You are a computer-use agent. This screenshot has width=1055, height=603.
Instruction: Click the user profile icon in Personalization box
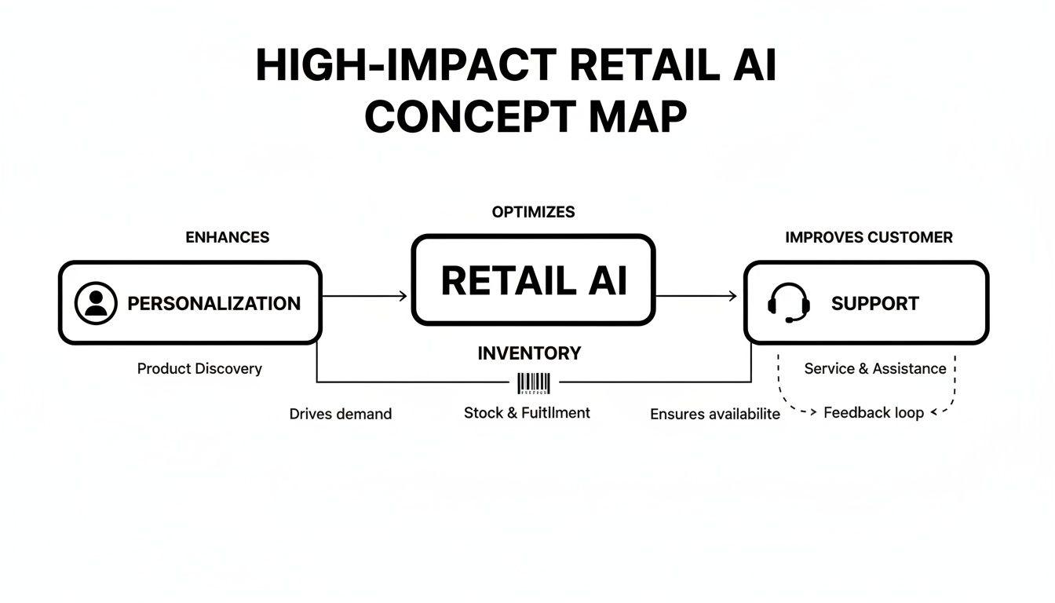96,304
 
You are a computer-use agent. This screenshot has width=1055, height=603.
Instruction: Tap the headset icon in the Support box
788,303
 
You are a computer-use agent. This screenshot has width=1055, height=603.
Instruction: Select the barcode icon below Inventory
534,383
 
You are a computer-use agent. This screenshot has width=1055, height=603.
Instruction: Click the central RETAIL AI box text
534,280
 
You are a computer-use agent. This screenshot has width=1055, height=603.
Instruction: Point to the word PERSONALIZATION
214,304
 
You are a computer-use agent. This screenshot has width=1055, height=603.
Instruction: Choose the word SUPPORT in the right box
874,304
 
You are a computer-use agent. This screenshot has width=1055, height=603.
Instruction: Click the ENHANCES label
227,237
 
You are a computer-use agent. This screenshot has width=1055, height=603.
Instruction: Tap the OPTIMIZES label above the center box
533,212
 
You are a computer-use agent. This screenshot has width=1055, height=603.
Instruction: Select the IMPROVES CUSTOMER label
868,237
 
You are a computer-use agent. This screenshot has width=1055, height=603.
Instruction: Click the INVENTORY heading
529,353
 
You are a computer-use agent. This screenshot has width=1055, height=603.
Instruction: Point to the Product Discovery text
199,368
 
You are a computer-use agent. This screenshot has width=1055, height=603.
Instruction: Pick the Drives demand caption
340,414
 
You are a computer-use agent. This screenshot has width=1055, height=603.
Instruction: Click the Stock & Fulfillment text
527,412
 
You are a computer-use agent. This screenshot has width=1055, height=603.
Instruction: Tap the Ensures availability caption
715,414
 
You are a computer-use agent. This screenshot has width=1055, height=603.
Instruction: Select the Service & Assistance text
875,368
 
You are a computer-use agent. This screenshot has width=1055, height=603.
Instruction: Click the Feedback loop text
873,412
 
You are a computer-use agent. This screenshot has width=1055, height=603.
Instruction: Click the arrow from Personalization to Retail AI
365,296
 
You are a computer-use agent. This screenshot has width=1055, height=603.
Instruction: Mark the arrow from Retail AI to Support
696,296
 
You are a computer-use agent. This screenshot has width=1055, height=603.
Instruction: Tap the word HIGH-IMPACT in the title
406,65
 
